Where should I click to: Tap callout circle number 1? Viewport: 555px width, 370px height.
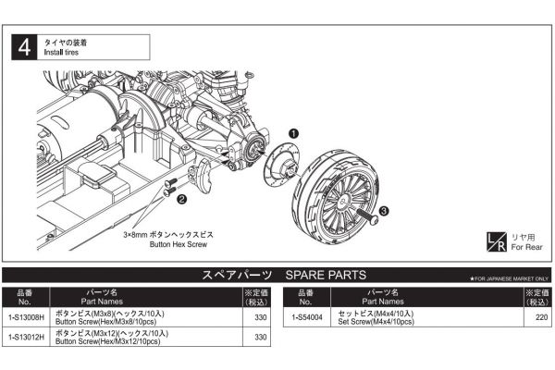coord(293,134)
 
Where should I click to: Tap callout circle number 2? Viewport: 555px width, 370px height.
coord(182,198)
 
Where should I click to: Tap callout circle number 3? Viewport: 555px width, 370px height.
coord(383,212)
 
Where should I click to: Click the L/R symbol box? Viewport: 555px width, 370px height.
coord(497,241)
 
